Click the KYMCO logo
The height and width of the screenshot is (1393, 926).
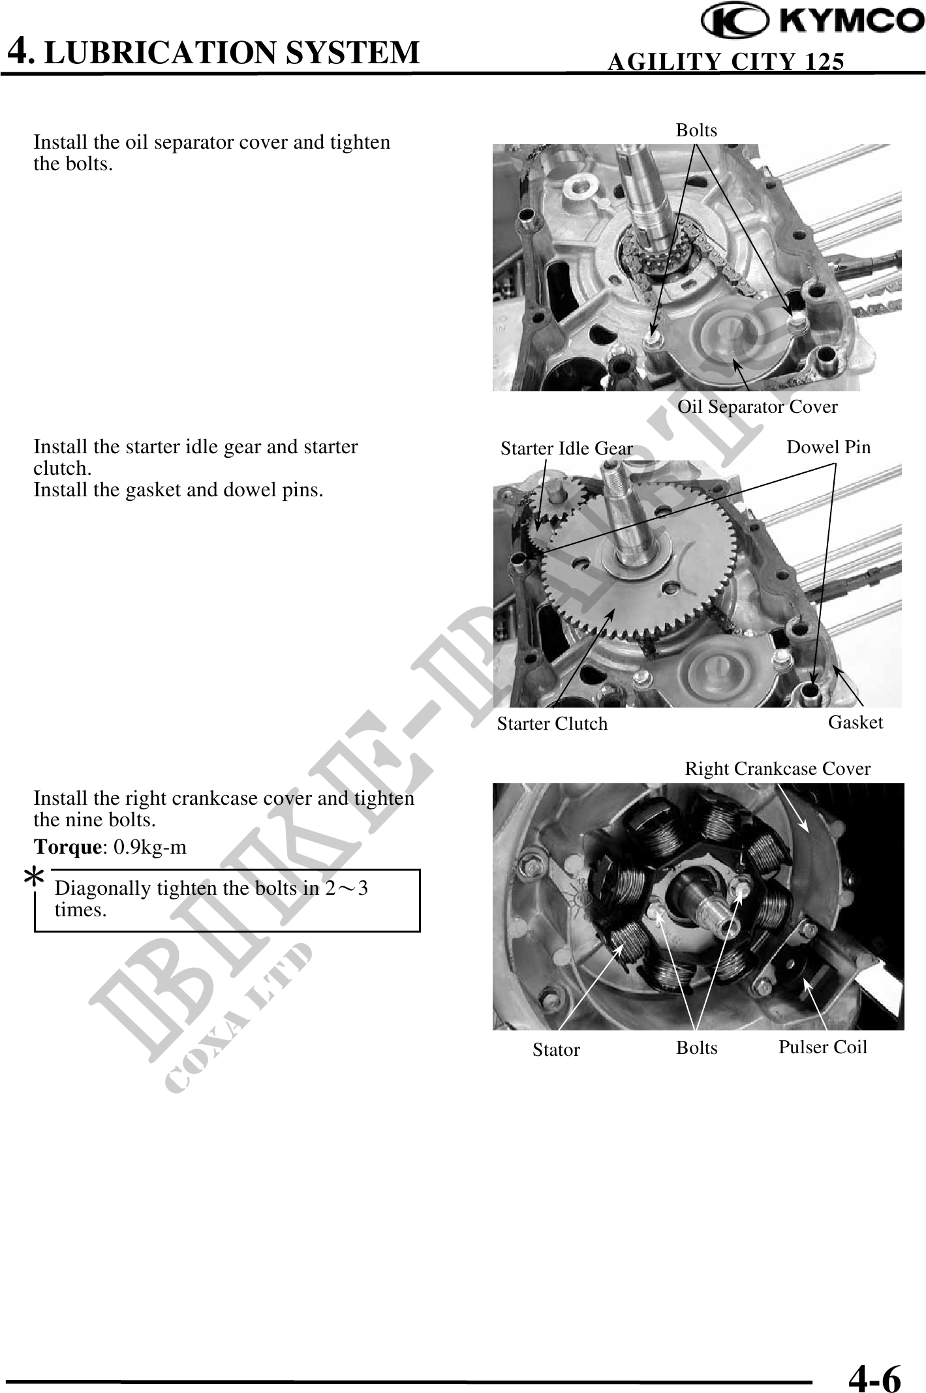point(813,22)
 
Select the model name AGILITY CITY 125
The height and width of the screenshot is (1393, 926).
point(726,61)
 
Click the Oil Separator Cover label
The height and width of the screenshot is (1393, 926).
point(758,407)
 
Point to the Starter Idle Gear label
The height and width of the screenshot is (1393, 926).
point(566,449)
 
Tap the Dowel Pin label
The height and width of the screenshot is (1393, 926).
point(829,447)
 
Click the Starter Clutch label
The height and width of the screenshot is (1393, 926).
point(552,723)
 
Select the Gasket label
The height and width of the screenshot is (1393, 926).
point(856,722)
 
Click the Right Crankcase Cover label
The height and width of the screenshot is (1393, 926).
point(778,769)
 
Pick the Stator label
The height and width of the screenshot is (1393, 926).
point(556,1049)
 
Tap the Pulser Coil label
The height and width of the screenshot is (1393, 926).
point(823,1047)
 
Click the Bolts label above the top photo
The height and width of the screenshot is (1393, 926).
point(696,130)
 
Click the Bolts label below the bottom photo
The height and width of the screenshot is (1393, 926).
point(696,1047)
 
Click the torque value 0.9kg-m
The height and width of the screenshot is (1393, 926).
point(150,847)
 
